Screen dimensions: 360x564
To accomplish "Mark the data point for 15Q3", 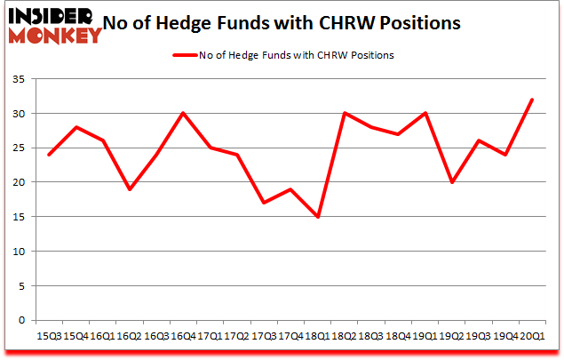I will (x=49, y=155).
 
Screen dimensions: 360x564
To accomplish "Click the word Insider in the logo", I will (x=49, y=16).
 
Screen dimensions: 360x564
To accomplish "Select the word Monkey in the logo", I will (x=55, y=36).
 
